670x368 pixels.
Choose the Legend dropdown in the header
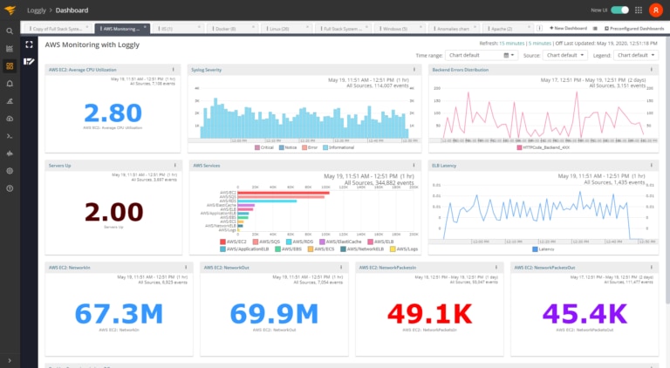point(635,55)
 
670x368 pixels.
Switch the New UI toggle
point(620,10)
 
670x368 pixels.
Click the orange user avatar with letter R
point(655,10)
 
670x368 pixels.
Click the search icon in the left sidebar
point(10,31)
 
